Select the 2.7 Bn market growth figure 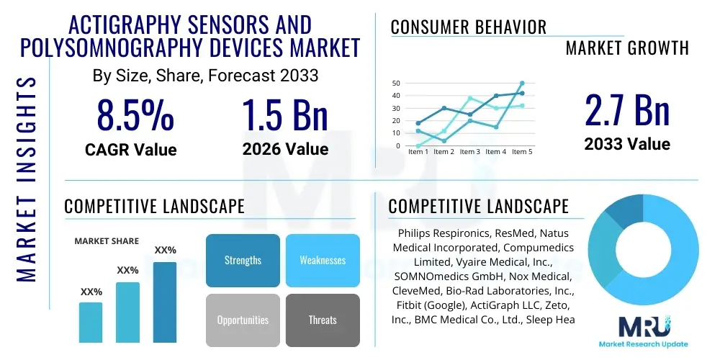(x=626, y=110)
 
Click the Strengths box (x=243, y=260)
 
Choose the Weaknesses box (x=323, y=260)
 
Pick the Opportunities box (x=243, y=320)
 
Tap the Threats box (x=323, y=320)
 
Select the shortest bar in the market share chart (x=91, y=322)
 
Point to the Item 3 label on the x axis (x=469, y=152)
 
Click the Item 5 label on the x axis (x=521, y=152)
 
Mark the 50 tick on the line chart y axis (x=395, y=84)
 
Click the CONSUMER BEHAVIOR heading (x=469, y=27)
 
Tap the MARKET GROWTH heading (x=627, y=48)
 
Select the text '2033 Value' (x=626, y=144)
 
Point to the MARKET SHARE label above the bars (x=107, y=241)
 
